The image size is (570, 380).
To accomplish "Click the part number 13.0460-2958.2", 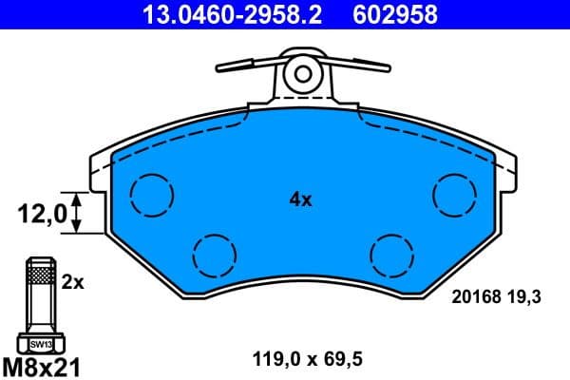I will pyautogui.click(x=218, y=14).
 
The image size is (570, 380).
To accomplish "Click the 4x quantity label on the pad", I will pyautogui.click(x=300, y=199).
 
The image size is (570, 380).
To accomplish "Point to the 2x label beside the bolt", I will pyautogui.click(x=73, y=282).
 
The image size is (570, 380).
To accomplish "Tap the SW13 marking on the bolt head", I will pyautogui.click(x=41, y=344).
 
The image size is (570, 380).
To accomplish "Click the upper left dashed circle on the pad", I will pyautogui.click(x=152, y=195).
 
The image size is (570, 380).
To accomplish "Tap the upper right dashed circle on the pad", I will pyautogui.click(x=453, y=195).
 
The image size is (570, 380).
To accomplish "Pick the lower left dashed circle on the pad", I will pyautogui.click(x=213, y=253).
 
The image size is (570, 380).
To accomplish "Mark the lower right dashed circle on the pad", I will pyautogui.click(x=391, y=253).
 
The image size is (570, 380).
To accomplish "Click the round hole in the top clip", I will pyautogui.click(x=303, y=72).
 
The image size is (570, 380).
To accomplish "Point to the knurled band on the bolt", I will pyautogui.click(x=41, y=275).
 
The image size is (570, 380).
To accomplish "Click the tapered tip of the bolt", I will pyautogui.click(x=41, y=261).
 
